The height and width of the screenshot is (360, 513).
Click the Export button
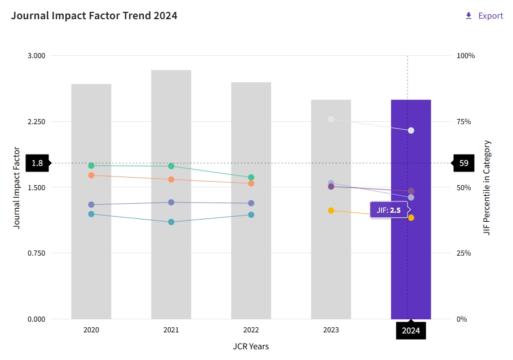click(x=484, y=16)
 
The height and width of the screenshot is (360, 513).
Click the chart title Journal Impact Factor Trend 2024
click(x=94, y=16)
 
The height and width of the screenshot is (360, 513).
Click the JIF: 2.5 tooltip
click(x=388, y=210)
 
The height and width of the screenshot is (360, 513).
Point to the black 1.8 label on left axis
click(x=37, y=163)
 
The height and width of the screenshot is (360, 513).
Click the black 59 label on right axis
click(x=464, y=163)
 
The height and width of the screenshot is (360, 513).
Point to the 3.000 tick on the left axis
click(x=36, y=56)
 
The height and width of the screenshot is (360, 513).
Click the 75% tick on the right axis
click(x=466, y=122)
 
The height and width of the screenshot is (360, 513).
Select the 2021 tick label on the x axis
click(x=171, y=330)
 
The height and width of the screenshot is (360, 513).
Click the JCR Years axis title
click(x=251, y=346)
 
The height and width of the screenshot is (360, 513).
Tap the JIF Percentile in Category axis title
click(x=488, y=187)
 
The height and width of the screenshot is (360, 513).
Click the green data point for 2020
click(x=91, y=165)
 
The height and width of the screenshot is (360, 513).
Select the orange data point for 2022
click(x=251, y=183)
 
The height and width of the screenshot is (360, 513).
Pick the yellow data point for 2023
click(x=331, y=210)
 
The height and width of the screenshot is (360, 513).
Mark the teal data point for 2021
click(x=171, y=222)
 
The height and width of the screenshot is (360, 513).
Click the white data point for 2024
click(x=411, y=130)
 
